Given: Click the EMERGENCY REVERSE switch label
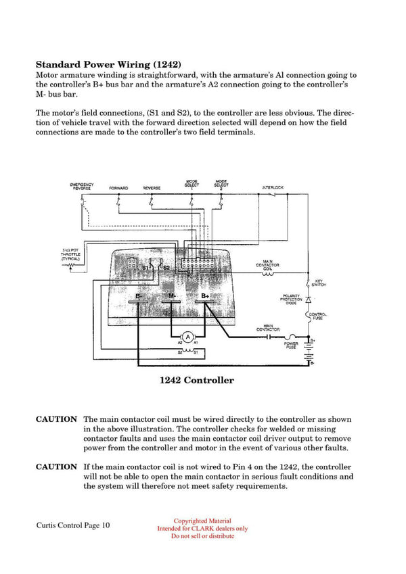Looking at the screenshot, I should pyautogui.click(x=82, y=186).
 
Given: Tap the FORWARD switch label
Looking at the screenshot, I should pyautogui.click(x=118, y=188).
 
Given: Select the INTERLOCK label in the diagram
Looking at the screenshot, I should pyautogui.click(x=272, y=187).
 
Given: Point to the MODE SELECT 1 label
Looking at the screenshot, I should pyautogui.click(x=191, y=183).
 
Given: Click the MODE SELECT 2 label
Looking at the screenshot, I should pyautogui.click(x=221, y=183).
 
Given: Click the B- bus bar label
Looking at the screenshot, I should pyautogui.click(x=139, y=296).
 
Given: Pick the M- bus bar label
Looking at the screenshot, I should pyautogui.click(x=172, y=296).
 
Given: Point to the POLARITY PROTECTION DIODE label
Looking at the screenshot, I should pyautogui.click(x=291, y=299).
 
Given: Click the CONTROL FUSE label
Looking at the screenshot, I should pyautogui.click(x=318, y=316).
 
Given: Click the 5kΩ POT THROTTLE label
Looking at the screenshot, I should pyautogui.click(x=70, y=254).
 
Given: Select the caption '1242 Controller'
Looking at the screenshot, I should pyautogui.click(x=196, y=380).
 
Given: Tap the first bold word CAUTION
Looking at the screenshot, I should pyautogui.click(x=56, y=419).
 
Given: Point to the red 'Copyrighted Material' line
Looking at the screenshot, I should pyautogui.click(x=202, y=521).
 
